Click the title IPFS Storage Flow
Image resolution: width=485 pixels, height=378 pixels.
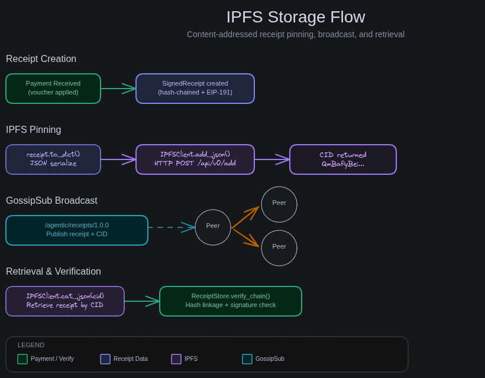[296, 17]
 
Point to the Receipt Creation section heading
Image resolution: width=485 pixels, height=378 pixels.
[41, 59]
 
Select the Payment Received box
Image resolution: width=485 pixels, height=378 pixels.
[53, 89]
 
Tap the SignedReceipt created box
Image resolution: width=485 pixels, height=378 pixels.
[195, 89]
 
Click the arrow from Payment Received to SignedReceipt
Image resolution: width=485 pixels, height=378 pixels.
[118, 89]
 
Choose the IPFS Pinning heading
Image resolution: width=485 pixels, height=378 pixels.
[33, 130]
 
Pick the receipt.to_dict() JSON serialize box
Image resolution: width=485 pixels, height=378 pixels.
[53, 159]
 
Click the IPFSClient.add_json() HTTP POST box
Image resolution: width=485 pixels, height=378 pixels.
[195, 159]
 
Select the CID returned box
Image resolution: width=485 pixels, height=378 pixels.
[343, 159]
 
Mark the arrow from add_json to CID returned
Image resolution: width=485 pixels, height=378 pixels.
[272, 159]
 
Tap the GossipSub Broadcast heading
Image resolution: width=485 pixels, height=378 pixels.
[51, 201]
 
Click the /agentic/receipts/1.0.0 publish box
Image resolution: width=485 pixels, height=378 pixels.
[77, 230]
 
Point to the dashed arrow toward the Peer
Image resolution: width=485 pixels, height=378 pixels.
[172, 227]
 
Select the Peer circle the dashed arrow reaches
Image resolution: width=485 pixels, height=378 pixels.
[213, 227]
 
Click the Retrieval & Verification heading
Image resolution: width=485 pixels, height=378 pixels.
[53, 272]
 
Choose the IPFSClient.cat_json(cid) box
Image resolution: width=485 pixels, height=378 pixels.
[65, 301]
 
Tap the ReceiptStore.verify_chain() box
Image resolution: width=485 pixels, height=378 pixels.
[231, 301]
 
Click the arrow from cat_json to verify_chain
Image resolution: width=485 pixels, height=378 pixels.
[142, 301]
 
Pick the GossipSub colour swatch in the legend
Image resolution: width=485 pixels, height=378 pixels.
[247, 359]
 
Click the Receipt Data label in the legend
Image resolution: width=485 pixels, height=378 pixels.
[131, 359]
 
